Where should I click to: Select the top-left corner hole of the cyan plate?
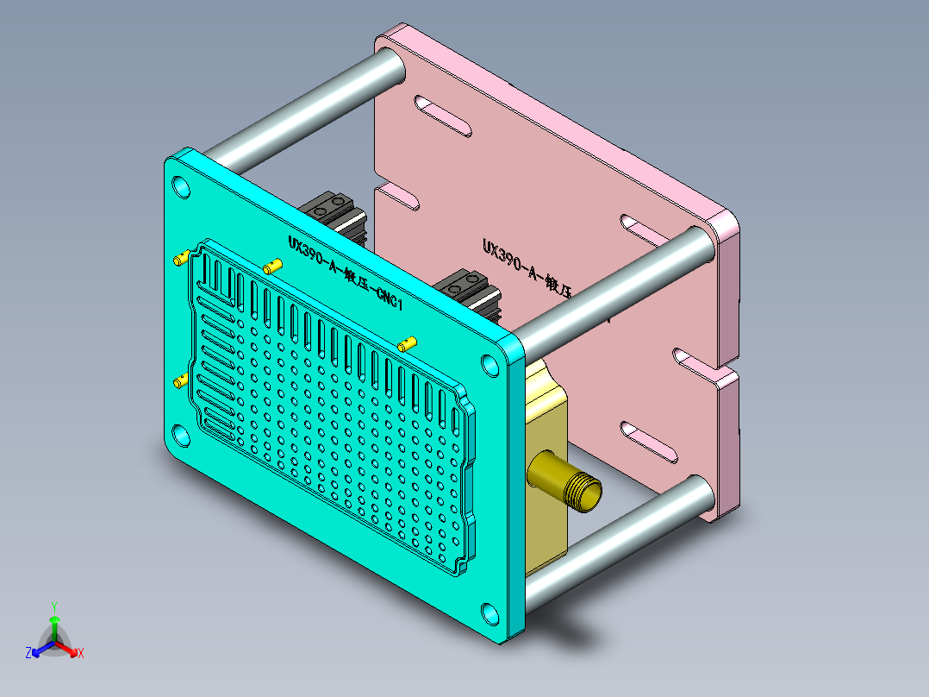(181, 187)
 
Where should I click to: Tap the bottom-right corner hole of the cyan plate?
(490, 613)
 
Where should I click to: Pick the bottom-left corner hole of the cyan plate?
(182, 436)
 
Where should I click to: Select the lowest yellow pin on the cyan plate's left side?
(181, 380)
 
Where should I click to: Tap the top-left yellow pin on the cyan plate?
(182, 257)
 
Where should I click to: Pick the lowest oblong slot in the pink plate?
(650, 440)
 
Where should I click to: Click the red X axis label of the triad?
(80, 653)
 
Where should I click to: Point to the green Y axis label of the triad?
(53, 606)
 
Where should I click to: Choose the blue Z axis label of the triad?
(28, 653)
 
